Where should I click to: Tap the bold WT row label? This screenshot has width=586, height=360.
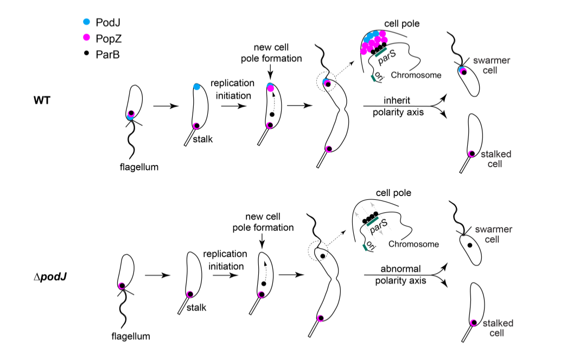[42, 101]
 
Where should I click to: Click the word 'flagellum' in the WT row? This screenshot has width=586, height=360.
[139, 167]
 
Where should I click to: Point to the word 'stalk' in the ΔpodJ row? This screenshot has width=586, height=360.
[196, 307]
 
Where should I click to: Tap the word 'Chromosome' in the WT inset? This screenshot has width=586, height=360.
[416, 75]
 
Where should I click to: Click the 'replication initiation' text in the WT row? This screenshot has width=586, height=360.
[232, 89]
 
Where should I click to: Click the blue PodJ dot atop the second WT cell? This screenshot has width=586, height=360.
[197, 87]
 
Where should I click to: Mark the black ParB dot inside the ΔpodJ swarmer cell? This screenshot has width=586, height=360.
[470, 245]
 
